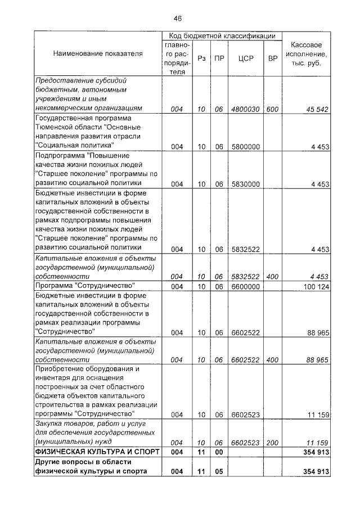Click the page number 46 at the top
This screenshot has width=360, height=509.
coord(177,18)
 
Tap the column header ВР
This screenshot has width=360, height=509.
coord(272,58)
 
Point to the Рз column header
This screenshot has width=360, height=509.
coord(201,58)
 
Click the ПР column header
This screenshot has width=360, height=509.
coord(219,58)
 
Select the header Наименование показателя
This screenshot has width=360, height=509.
coord(98,53)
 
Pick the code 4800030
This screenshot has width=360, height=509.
coord(245,109)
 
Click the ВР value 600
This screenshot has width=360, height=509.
coord(272,109)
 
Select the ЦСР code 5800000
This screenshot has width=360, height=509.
coord(245,146)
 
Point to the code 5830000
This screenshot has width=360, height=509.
coord(245,184)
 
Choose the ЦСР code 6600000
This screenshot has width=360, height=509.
coord(245,286)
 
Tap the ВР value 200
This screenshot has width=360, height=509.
coord(272,443)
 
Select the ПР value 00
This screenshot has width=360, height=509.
coord(219,452)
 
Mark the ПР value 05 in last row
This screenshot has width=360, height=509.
coord(219,471)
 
